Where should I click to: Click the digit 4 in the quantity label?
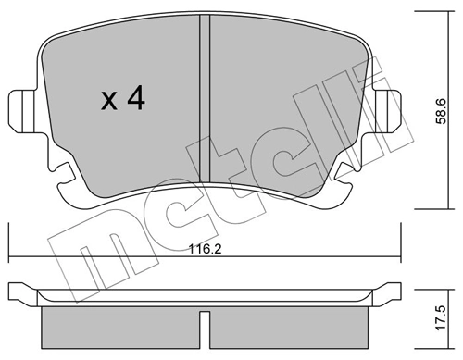[x=134, y=99]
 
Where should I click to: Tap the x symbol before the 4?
[x=107, y=101]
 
